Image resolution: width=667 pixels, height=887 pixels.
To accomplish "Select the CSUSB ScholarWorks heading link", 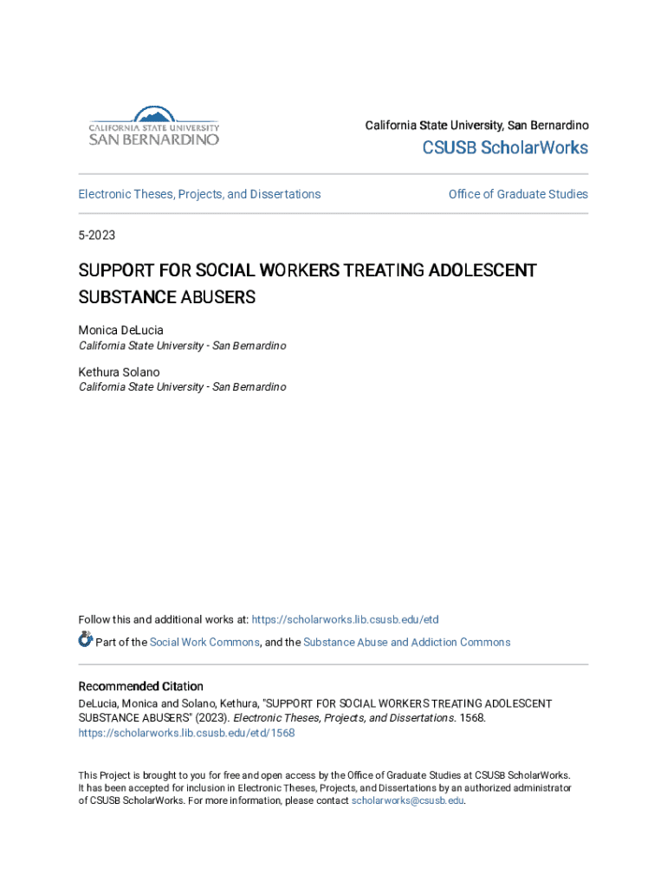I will tap(505, 148).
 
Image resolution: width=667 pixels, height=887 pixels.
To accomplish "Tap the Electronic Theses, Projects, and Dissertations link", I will tap(199, 194).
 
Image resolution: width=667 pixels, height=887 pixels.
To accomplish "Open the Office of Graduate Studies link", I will tap(518, 194).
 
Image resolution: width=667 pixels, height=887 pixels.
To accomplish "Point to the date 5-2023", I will tap(97, 236).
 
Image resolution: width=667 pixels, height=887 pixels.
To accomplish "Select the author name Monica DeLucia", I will tap(120, 330).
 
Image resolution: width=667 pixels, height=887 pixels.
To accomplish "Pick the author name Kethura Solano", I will tap(119, 372).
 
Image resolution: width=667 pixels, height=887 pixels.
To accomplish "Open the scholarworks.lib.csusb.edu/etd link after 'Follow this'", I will tap(346, 619).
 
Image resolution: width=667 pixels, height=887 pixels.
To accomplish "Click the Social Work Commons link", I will tap(204, 642).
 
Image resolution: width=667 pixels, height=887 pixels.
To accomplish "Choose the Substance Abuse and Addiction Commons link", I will tap(406, 642).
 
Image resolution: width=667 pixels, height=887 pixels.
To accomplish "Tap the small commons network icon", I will tap(85, 640).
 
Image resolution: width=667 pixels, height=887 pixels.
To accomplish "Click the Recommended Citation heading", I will tap(141, 686).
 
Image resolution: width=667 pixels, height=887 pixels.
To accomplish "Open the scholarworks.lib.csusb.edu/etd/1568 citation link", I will tap(186, 733).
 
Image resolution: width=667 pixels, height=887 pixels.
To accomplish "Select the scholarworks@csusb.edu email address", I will tap(407, 801).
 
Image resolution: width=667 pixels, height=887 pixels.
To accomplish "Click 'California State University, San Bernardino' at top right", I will tap(476, 126).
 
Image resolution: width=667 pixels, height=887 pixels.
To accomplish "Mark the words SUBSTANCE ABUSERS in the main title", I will tap(167, 297).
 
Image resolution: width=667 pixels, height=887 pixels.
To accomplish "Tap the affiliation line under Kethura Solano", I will tap(182, 387).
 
